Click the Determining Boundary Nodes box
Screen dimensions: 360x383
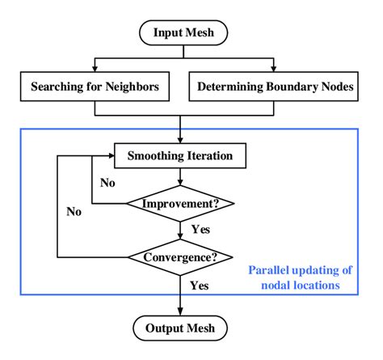[274, 86]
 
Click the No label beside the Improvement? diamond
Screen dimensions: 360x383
[107, 183]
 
